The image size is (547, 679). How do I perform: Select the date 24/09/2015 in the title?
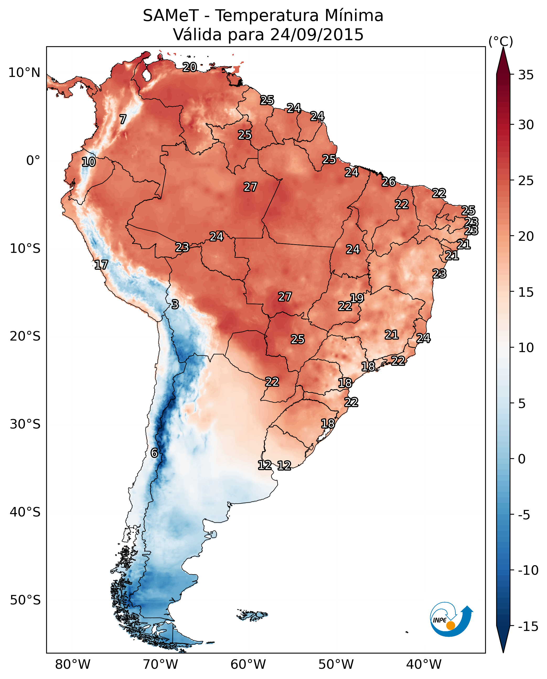pos(317,34)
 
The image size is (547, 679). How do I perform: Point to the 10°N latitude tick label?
pos(24,73)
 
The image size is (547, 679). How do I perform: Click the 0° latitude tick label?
pos(33,161)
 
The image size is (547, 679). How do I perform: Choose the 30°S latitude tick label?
pos(25,424)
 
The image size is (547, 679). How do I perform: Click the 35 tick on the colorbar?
pos(526,75)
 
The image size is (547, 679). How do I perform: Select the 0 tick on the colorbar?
pos(522,459)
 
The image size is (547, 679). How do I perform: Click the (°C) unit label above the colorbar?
pos(501,41)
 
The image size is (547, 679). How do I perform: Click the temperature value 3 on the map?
pos(175,304)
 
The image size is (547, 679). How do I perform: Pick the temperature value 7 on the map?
pos(123,119)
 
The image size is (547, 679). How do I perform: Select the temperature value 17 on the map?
pos(101,265)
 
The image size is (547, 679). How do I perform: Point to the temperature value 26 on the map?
pos(389,182)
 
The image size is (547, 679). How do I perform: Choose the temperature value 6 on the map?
pos(154,453)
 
